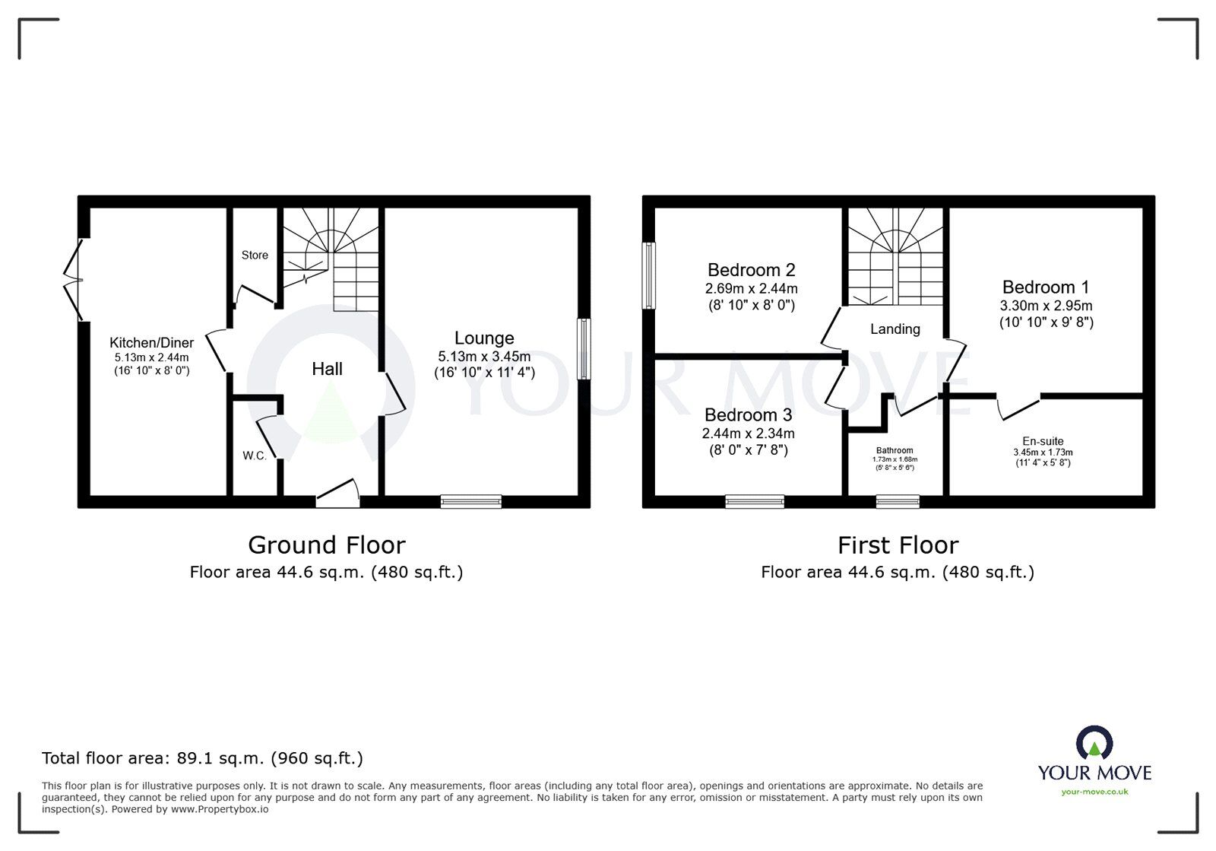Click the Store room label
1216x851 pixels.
click(255, 255)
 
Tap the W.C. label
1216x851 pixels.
click(255, 456)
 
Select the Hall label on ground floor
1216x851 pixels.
click(327, 369)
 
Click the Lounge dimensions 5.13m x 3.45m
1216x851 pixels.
click(484, 356)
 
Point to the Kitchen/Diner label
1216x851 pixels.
click(151, 343)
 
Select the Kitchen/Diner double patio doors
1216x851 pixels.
click(74, 281)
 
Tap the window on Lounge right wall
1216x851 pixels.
click(583, 348)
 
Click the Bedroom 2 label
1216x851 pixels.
click(751, 270)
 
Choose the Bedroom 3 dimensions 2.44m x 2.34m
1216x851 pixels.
click(748, 433)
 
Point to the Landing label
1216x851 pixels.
click(895, 329)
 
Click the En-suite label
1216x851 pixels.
click(1043, 441)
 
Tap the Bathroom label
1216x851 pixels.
click(895, 450)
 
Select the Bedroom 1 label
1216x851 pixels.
click(1045, 287)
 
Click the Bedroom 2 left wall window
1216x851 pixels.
click(648, 275)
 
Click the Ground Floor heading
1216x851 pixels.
click(327, 545)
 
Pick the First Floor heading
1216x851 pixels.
click(898, 545)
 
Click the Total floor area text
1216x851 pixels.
click(202, 757)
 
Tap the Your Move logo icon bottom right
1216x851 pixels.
click(1094, 743)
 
